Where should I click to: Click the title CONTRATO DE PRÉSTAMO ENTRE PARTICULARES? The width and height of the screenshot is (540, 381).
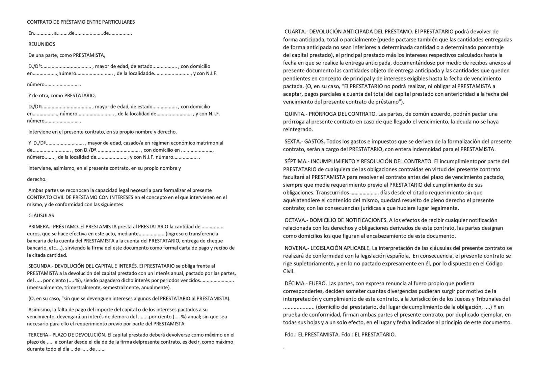point(81,22)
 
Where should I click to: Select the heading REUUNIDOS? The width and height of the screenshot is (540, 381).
point(42,44)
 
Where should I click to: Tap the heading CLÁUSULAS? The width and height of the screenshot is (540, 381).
point(41,216)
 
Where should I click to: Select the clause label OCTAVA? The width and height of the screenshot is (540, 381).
point(295,220)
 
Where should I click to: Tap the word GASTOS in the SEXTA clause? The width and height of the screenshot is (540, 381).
point(316,141)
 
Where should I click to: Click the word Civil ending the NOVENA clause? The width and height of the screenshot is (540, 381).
point(289,271)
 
